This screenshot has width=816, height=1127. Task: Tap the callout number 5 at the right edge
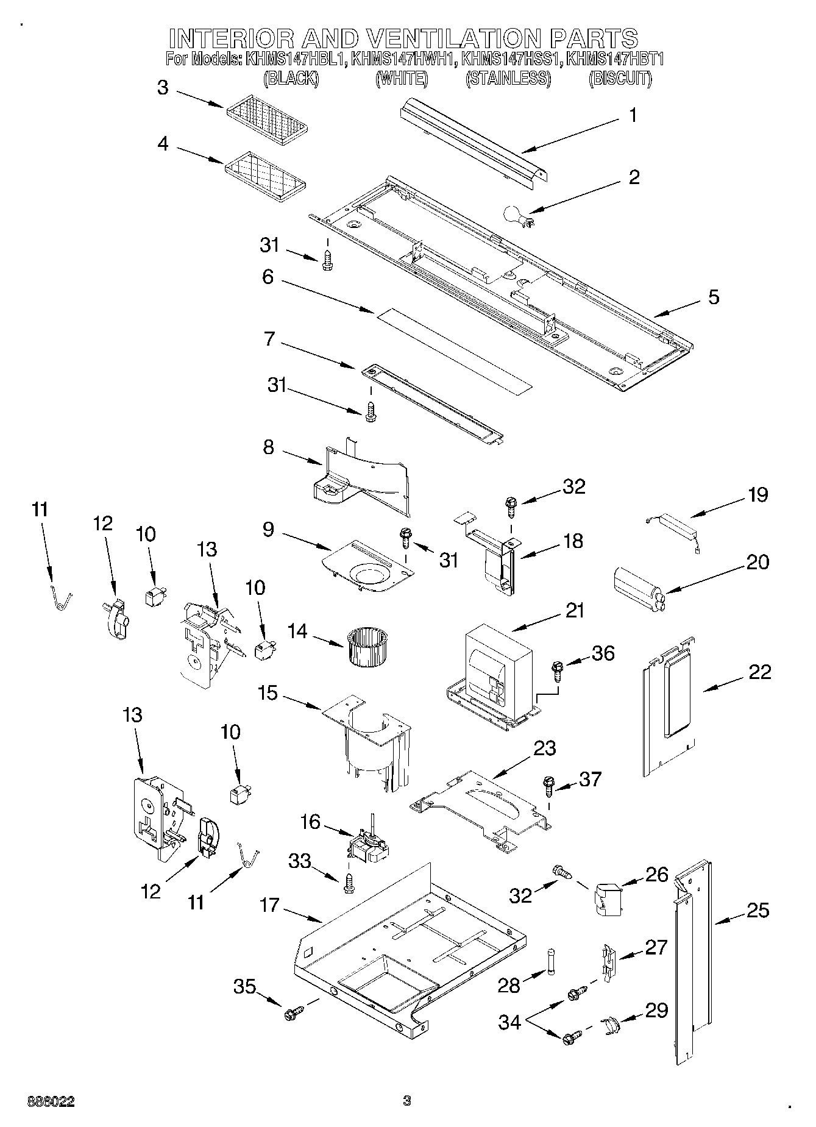713,297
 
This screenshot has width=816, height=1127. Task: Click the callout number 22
759,672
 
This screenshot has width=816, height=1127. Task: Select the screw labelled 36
556,670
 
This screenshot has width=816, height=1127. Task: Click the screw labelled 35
291,1014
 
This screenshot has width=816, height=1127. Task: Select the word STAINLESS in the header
508,79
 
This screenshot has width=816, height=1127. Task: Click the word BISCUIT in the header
620,79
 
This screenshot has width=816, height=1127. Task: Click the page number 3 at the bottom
407,1101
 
